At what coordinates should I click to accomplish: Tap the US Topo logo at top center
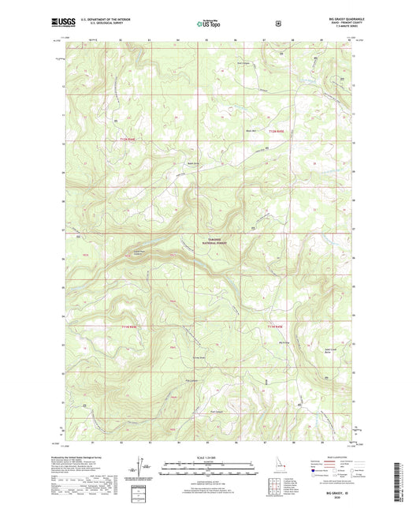pos(209,24)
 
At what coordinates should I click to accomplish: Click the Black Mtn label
pos(252,131)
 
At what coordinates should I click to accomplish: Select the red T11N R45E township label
pos(273,326)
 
